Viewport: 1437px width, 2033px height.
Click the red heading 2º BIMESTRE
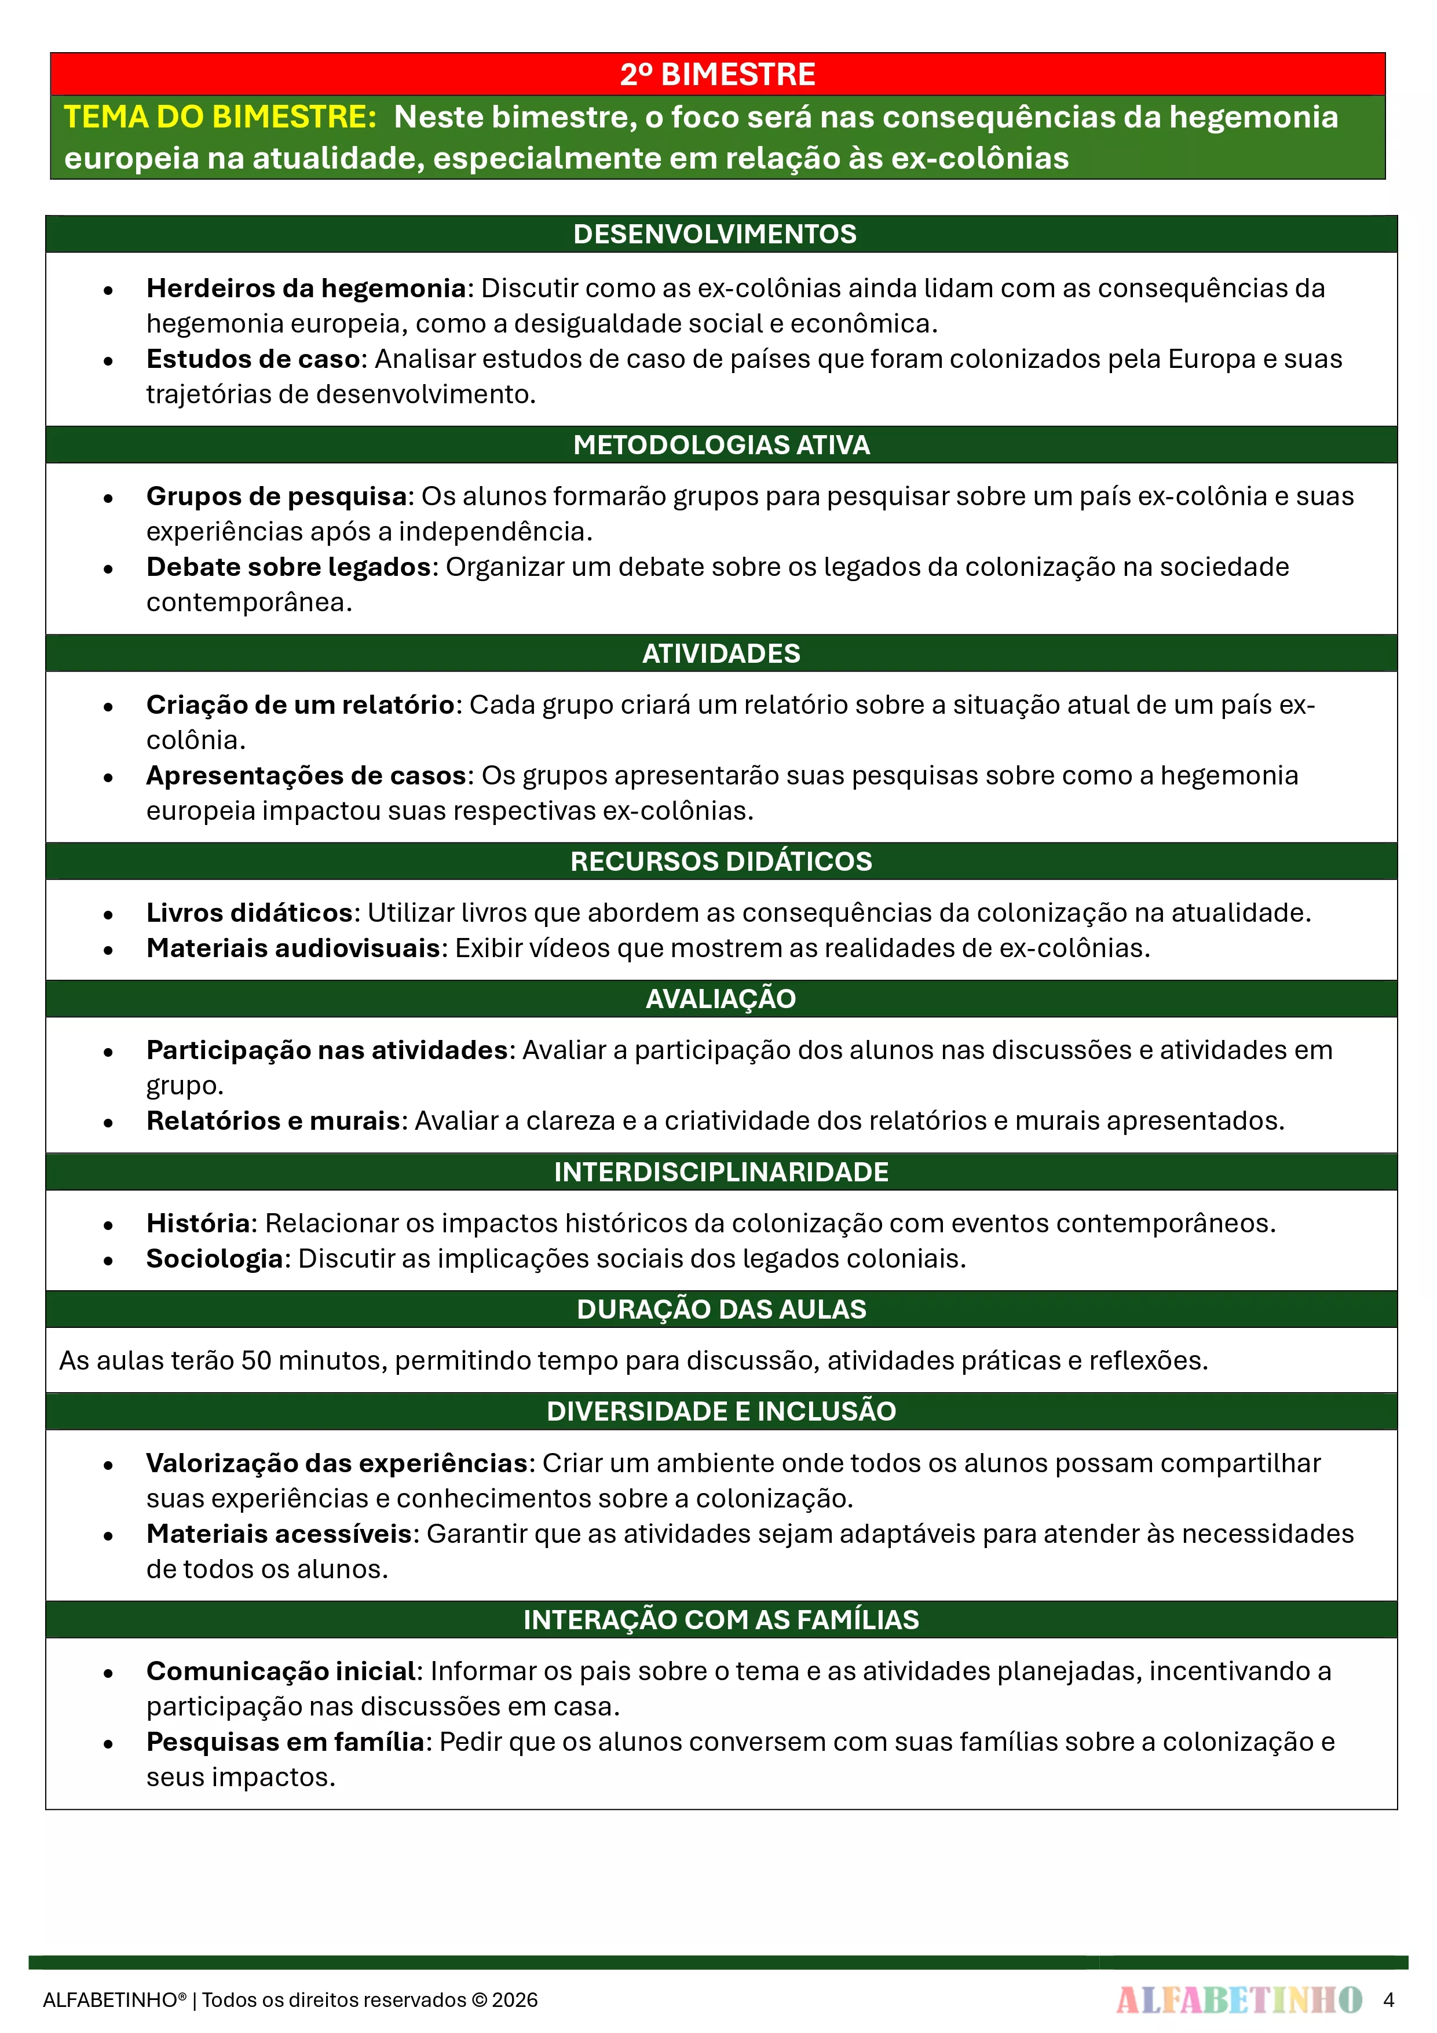(717, 74)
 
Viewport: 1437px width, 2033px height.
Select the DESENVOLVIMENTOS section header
(715, 233)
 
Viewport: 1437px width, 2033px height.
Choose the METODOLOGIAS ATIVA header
(721, 444)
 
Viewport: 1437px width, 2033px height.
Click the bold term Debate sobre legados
(288, 567)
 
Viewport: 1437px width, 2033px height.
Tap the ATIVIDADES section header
(721, 654)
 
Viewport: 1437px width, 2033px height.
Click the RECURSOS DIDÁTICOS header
(721, 861)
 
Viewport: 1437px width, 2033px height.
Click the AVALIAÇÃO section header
(721, 999)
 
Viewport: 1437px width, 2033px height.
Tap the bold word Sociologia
(214, 1258)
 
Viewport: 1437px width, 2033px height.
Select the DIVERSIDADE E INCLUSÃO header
(721, 1411)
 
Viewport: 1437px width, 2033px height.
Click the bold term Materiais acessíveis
(279, 1534)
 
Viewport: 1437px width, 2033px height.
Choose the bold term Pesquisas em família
(285, 1742)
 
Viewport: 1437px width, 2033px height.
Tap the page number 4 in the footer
(1388, 2000)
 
